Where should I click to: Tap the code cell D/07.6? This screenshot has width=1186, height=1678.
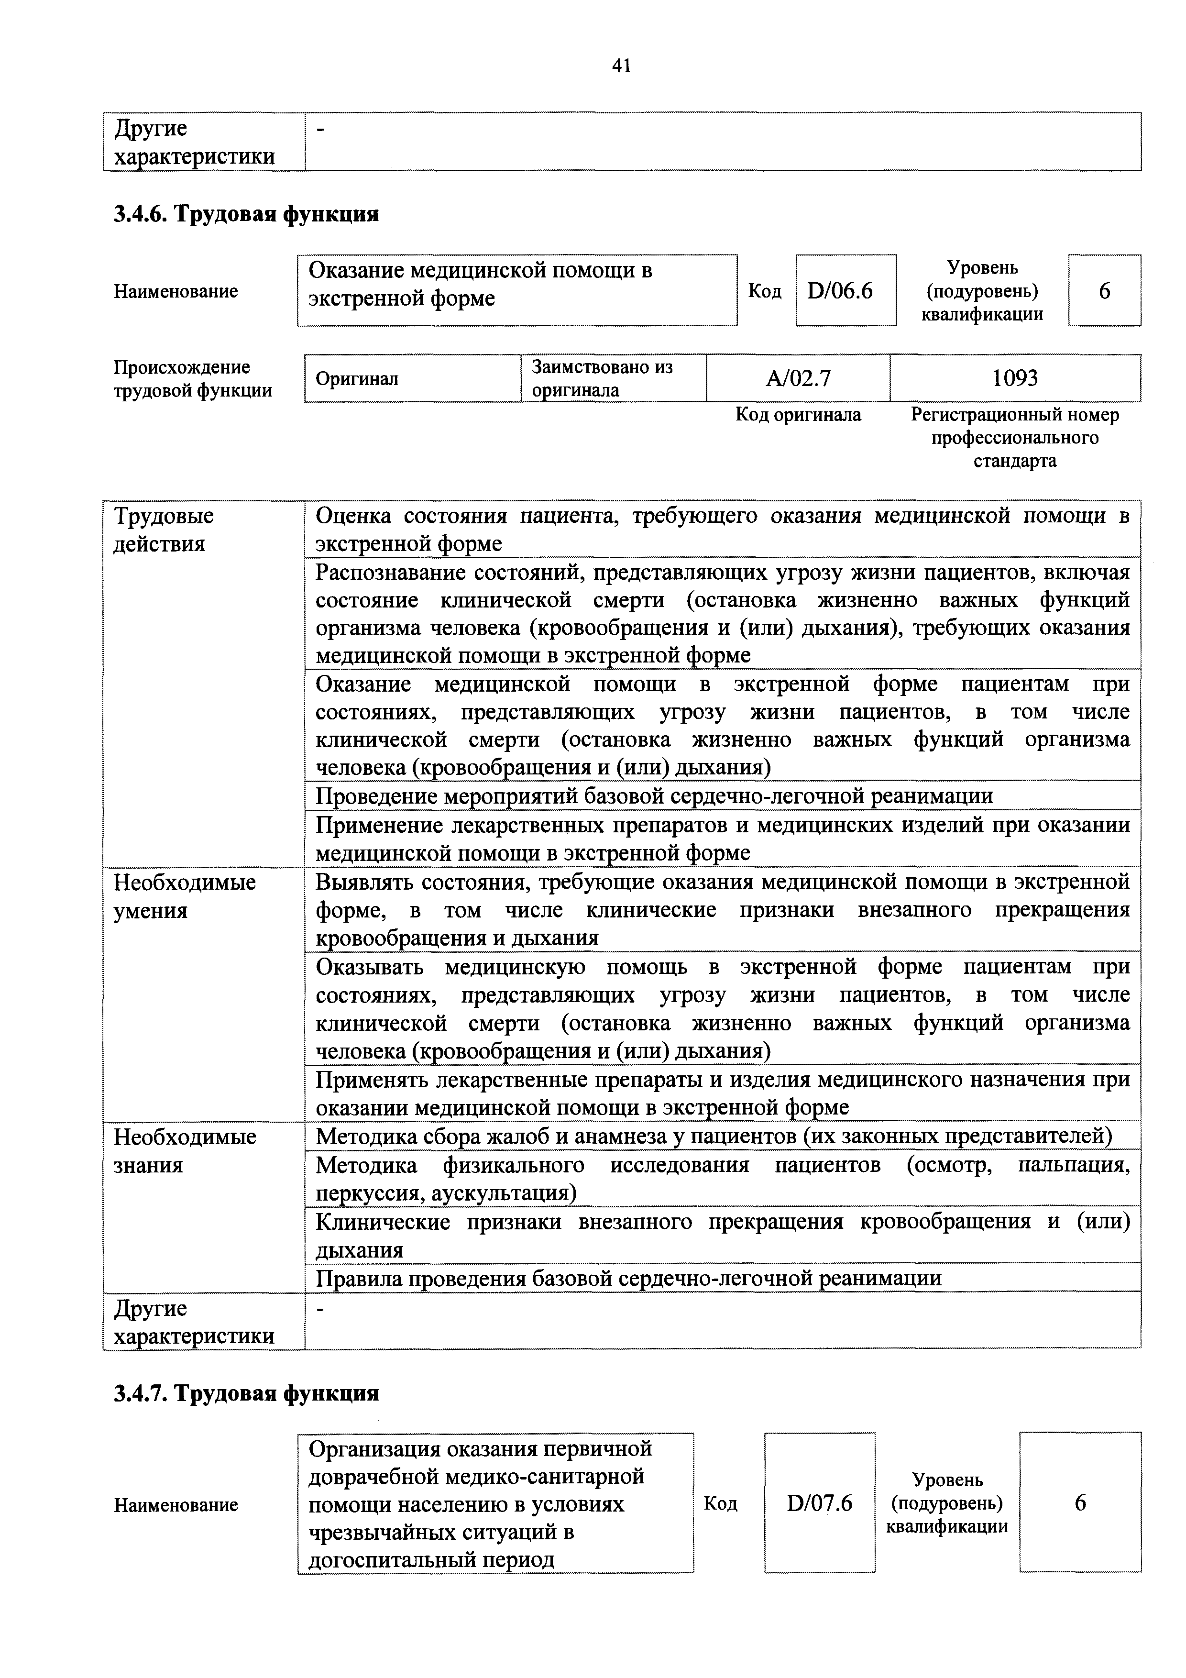(x=819, y=1503)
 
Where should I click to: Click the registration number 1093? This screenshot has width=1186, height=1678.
(x=1015, y=378)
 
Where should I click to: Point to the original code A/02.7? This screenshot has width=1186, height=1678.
(x=798, y=378)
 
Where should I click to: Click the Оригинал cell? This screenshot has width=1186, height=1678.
(x=357, y=378)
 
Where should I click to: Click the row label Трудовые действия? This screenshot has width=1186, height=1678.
(x=164, y=530)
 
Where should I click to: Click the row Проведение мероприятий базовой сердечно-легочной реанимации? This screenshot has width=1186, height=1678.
(x=654, y=796)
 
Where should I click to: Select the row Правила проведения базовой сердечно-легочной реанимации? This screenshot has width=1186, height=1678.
(x=628, y=1278)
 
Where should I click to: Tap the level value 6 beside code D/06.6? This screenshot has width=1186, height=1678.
(x=1104, y=291)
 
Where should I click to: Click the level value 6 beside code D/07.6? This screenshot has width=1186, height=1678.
(x=1080, y=1503)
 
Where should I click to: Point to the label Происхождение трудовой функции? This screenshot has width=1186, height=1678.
(x=193, y=378)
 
